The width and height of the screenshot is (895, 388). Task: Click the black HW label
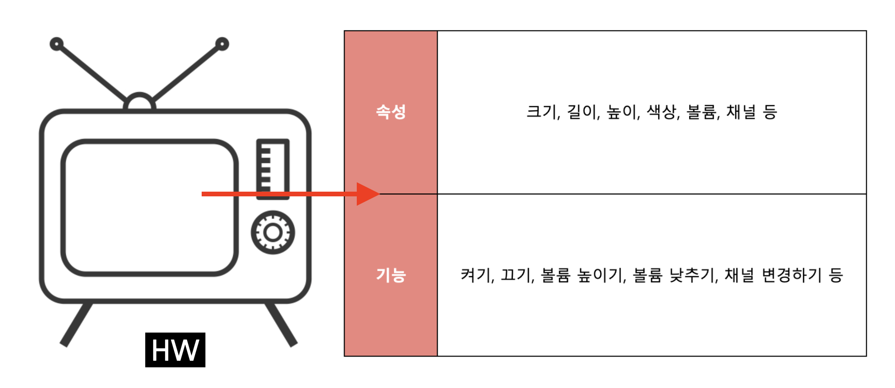(175, 350)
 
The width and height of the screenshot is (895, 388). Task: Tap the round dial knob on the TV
(273, 233)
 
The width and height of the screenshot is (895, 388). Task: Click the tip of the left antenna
(56, 44)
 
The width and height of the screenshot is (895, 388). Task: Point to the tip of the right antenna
(222, 44)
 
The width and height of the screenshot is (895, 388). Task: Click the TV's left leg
(76, 325)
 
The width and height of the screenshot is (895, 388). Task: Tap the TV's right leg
(281, 325)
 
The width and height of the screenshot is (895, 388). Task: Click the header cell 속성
(391, 112)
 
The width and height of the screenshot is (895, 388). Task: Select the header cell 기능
(391, 275)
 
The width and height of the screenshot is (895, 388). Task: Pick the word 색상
(662, 112)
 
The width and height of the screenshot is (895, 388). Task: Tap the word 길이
(582, 112)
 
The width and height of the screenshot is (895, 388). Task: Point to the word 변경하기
(792, 275)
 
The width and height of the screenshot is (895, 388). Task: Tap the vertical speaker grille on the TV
(273, 168)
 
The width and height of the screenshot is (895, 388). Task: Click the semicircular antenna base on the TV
(140, 102)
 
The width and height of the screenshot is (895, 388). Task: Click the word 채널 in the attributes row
(741, 112)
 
